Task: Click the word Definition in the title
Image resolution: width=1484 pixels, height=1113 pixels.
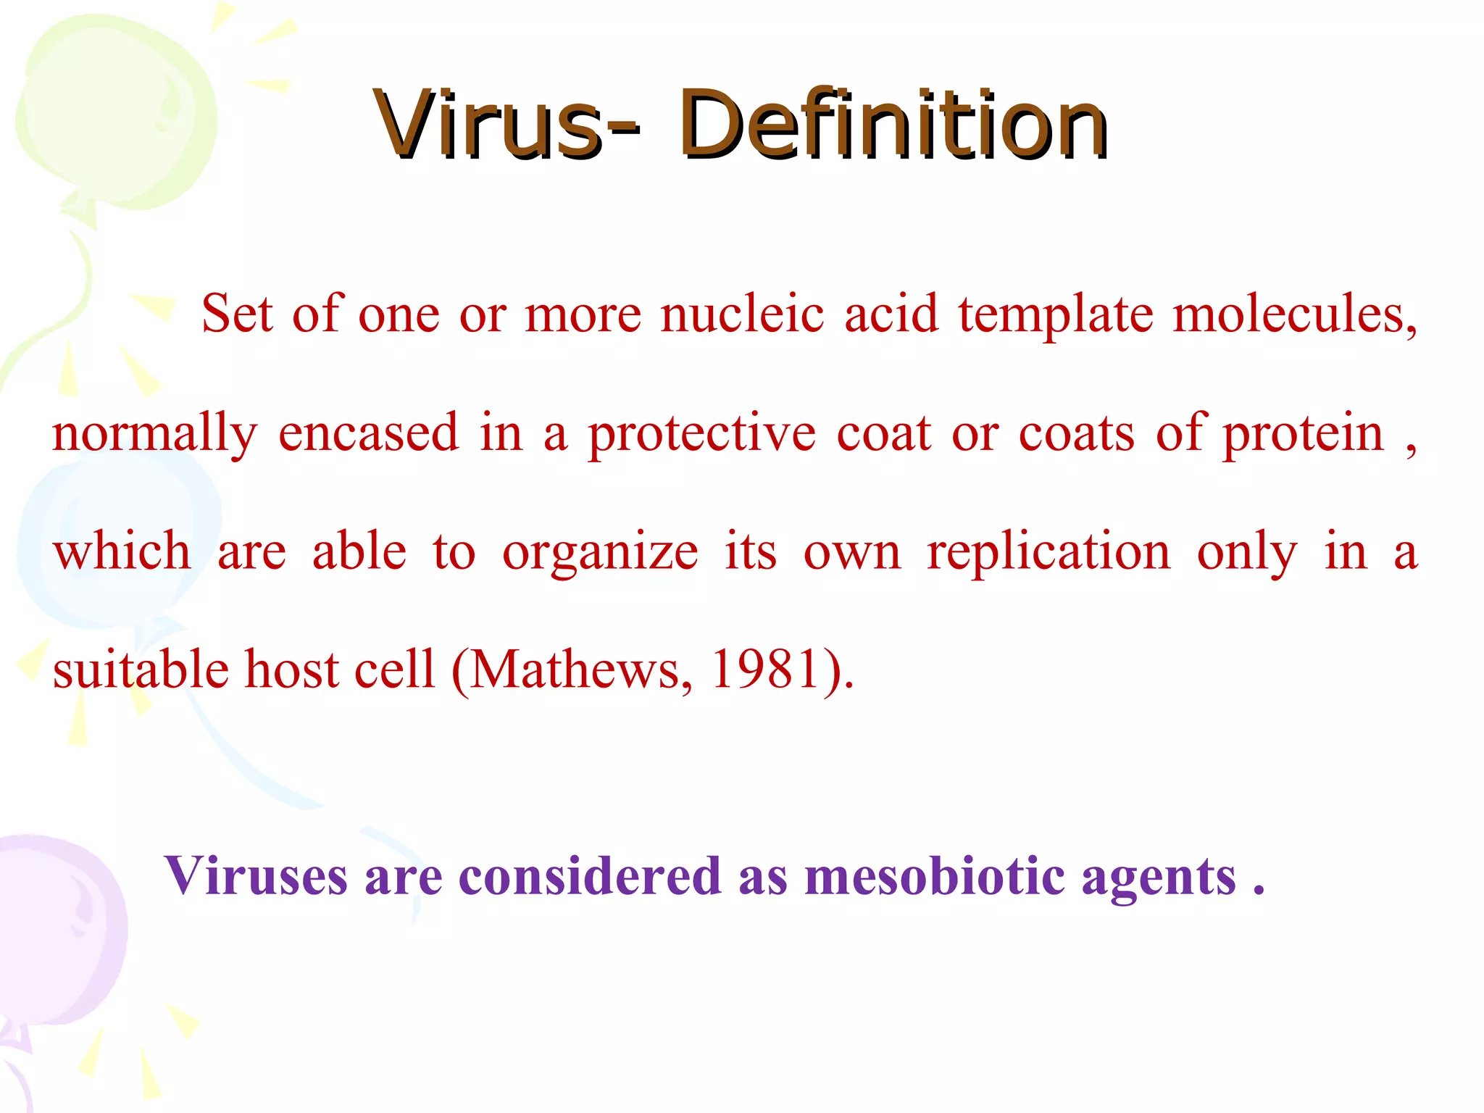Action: coord(893,125)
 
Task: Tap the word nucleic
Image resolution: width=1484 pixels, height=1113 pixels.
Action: coord(742,314)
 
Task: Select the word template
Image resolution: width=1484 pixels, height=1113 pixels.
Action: coord(1055,316)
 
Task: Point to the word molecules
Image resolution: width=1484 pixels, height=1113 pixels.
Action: coord(1294,314)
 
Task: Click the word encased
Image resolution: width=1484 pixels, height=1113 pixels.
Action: coord(369,433)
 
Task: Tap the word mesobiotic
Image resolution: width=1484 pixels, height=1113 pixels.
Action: coord(935,877)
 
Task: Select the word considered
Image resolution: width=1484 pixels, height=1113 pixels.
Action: coord(590,877)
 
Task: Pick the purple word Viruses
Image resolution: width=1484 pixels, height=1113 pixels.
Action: coord(257,877)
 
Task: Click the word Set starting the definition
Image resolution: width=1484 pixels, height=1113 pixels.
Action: coord(237,314)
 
